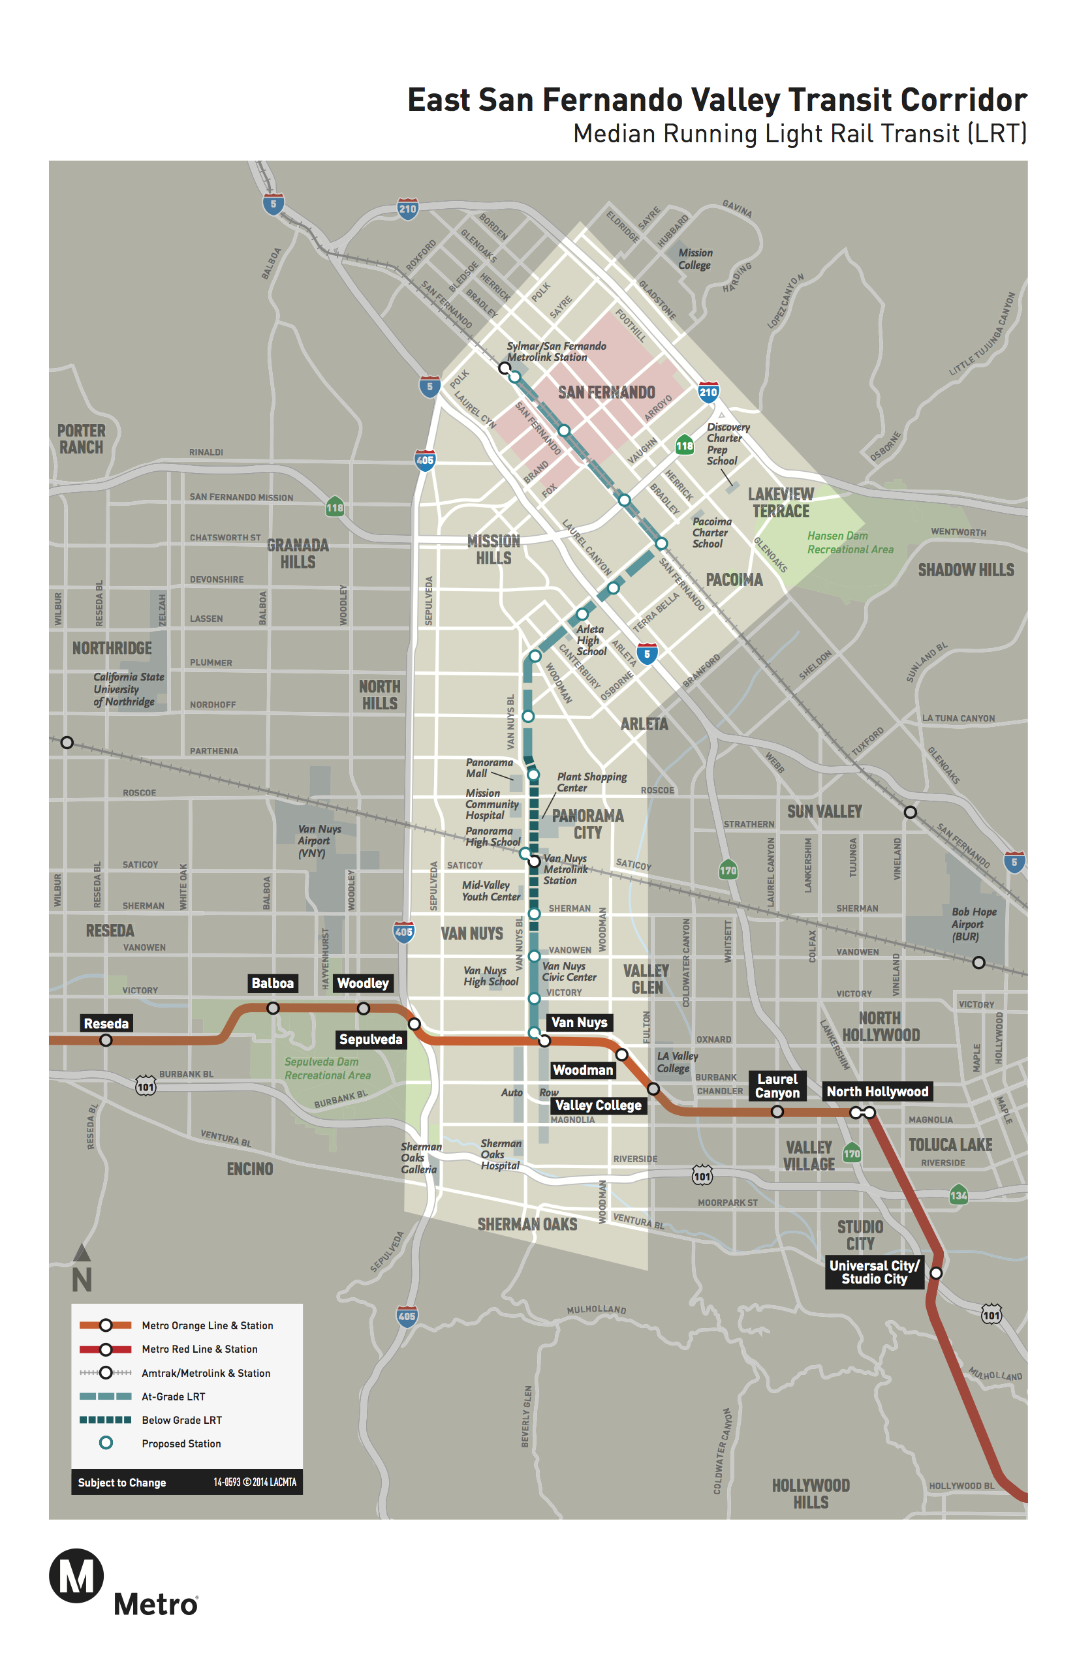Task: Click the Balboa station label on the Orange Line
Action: [273, 983]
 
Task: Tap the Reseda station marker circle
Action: [106, 1040]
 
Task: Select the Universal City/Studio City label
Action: [873, 1272]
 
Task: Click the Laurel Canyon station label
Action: [777, 1086]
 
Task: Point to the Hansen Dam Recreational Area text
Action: [850, 542]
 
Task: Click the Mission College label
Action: [695, 258]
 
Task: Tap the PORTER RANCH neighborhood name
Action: [81, 439]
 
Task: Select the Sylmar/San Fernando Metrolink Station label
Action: [556, 352]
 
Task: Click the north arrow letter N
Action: [82, 1280]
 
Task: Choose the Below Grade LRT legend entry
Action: [181, 1420]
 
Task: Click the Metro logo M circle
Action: [76, 1577]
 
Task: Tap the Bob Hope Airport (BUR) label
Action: [973, 923]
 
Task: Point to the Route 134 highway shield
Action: [958, 1195]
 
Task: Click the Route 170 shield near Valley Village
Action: [851, 1154]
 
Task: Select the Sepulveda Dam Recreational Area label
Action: [326, 1068]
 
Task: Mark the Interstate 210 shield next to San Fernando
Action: [708, 392]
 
